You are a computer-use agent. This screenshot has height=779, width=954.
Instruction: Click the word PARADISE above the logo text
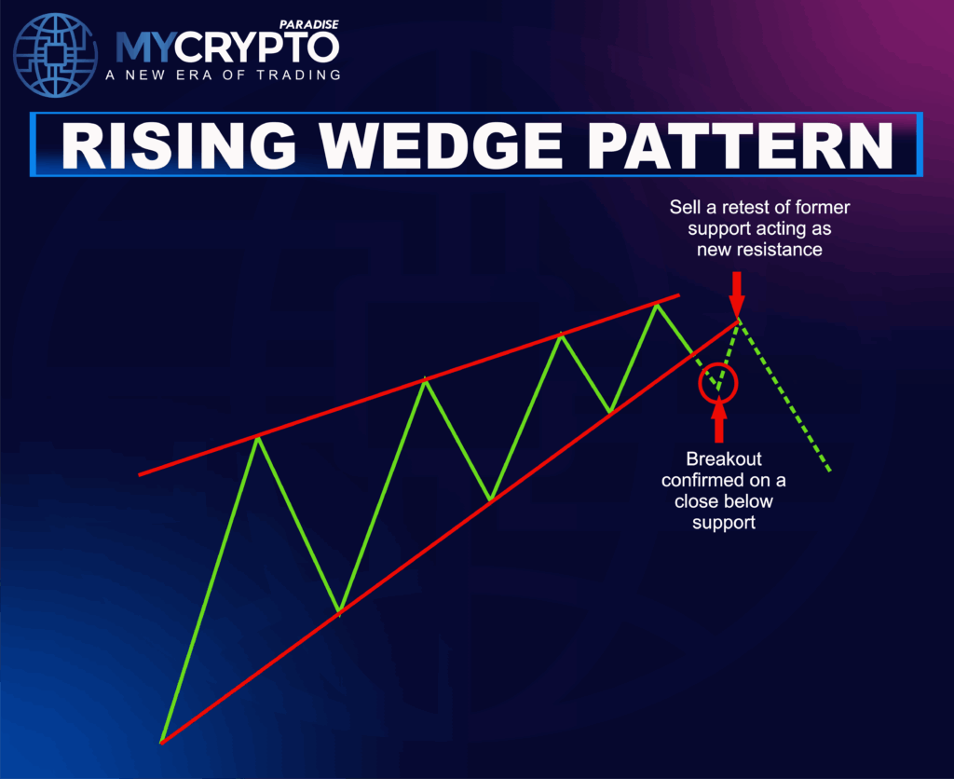pos(310,24)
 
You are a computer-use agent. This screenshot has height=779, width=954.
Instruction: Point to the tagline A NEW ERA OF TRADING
pos(223,75)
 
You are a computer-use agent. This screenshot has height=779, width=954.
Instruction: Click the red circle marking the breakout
pos(718,382)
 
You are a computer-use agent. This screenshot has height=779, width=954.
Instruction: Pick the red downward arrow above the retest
pos(737,292)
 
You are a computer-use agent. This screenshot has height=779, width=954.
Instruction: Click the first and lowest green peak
pos(258,436)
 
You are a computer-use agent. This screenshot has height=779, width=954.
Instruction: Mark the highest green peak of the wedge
pos(659,305)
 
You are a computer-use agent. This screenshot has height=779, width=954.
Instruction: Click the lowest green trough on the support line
pos(339,612)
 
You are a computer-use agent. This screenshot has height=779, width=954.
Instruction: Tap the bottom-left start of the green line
pos(162,742)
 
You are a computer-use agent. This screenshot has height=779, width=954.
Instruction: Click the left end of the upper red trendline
pos(140,474)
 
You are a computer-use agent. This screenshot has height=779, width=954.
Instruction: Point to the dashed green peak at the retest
pos(739,321)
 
